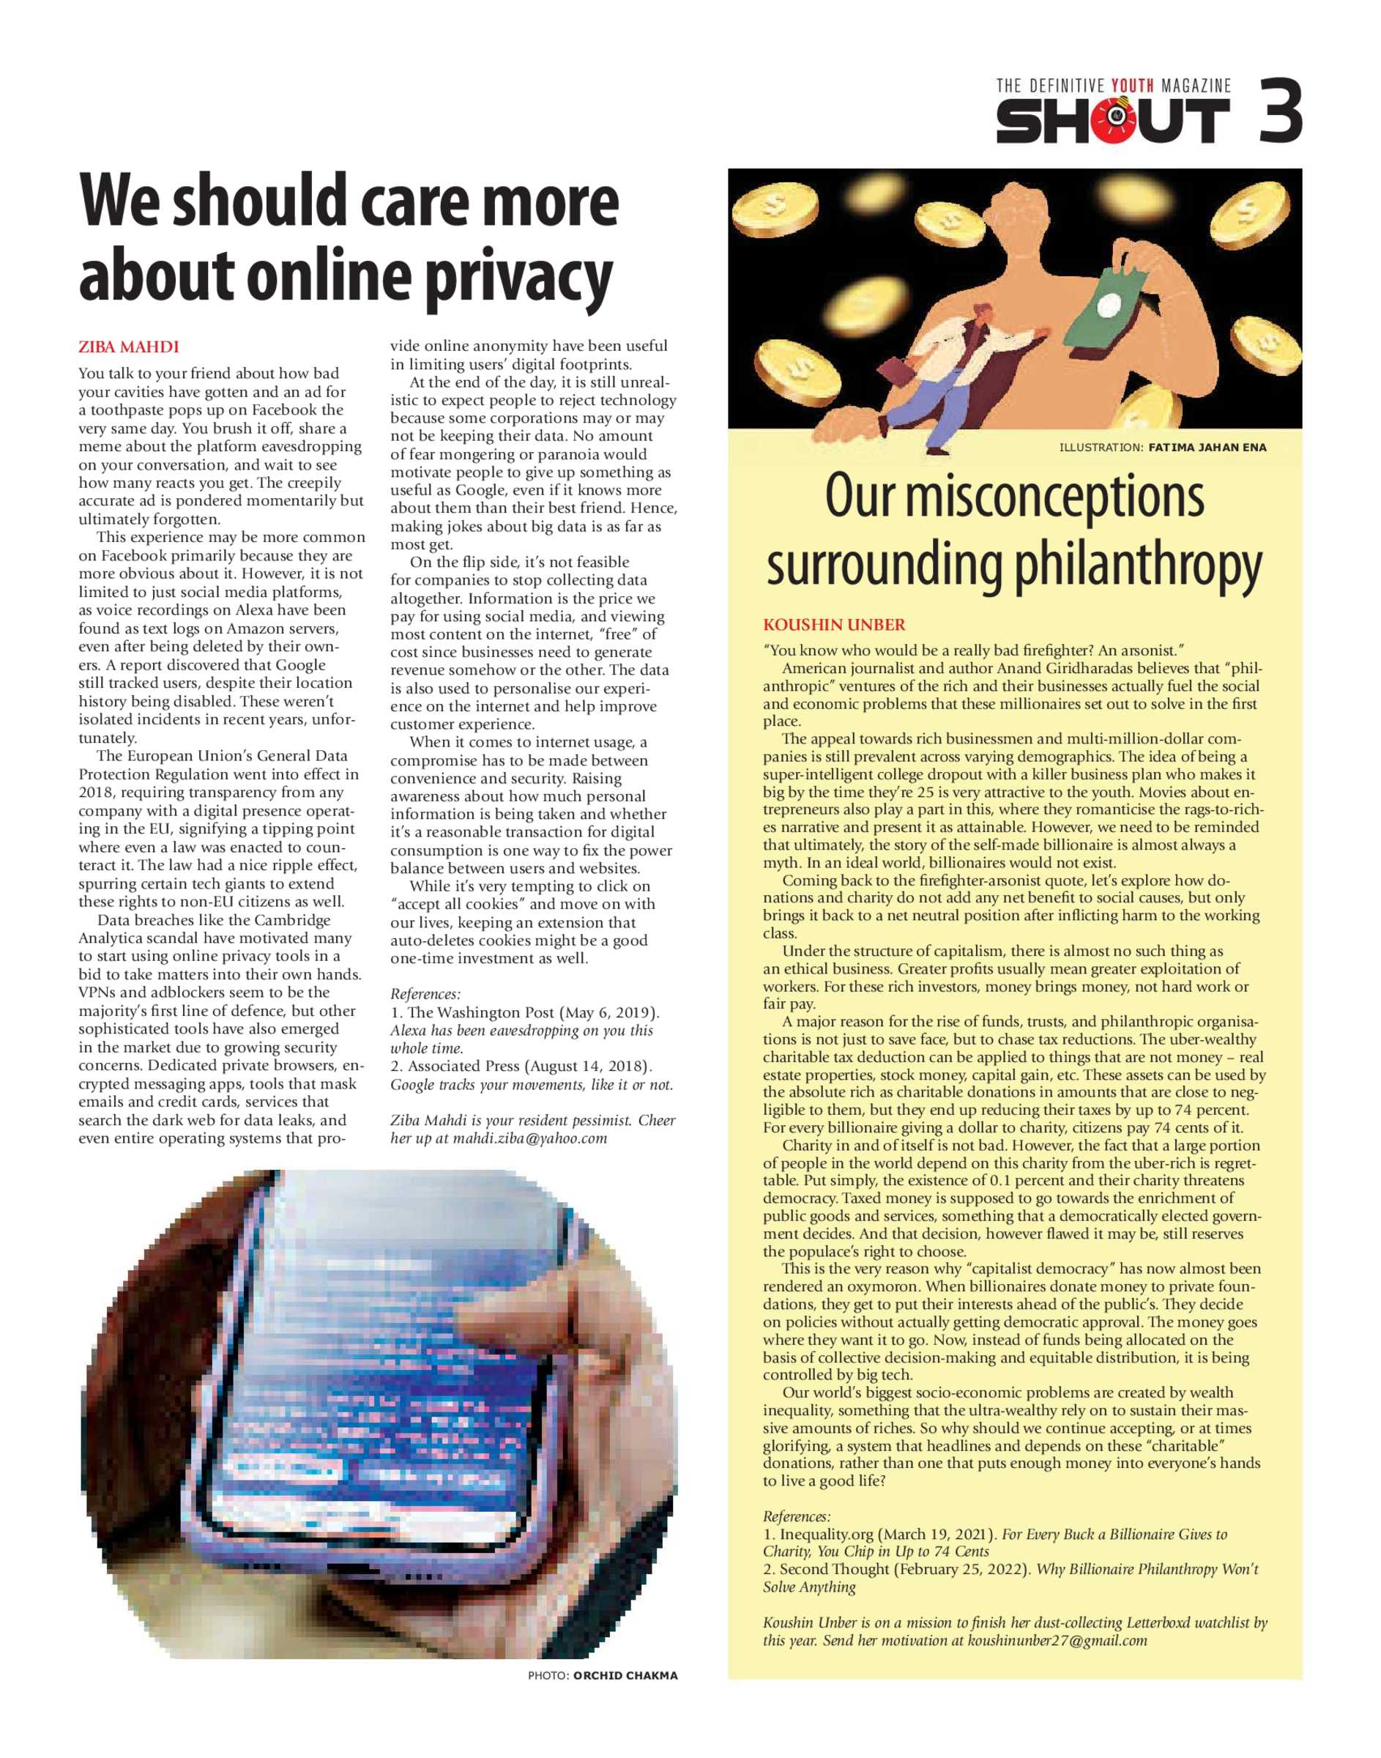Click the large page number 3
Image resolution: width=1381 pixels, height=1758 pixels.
[x=1280, y=111]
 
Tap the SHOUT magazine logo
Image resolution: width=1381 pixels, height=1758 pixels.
[x=1112, y=122]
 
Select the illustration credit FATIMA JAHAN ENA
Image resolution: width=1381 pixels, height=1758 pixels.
[x=1207, y=447]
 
